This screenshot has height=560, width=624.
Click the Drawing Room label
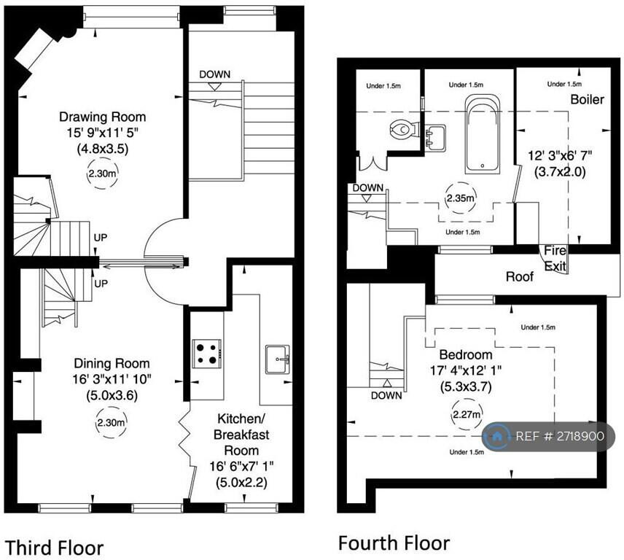click(x=102, y=117)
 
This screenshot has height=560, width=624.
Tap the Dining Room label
click(x=112, y=363)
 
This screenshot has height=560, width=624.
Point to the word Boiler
click(x=587, y=99)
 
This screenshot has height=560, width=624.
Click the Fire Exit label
click(x=555, y=259)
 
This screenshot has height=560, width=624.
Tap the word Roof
click(x=520, y=276)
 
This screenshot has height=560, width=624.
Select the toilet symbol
click(x=402, y=131)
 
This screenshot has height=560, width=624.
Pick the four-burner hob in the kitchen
click(x=206, y=352)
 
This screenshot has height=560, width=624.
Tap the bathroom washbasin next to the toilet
click(x=434, y=136)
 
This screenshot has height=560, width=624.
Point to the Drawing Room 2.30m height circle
click(x=101, y=175)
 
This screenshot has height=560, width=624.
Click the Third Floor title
click(x=54, y=547)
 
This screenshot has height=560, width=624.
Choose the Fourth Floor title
click(x=393, y=542)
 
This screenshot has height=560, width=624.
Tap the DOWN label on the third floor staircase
click(x=215, y=74)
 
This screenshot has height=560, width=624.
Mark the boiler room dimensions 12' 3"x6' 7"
click(x=559, y=156)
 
